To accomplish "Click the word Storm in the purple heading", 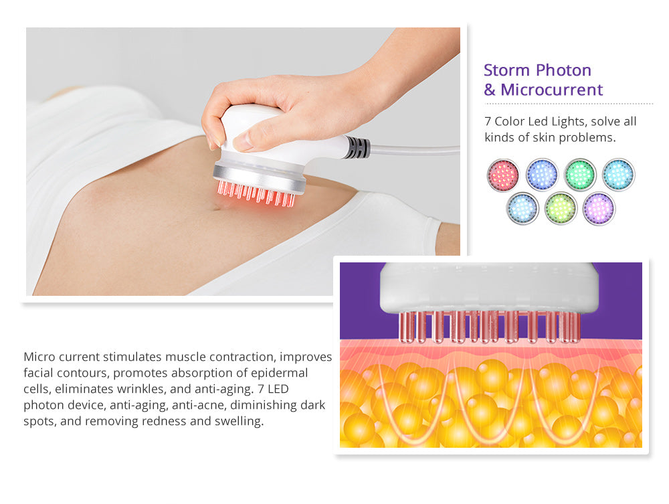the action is [x=507, y=70].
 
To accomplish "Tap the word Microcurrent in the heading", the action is [x=552, y=90].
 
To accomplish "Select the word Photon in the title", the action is [x=563, y=70].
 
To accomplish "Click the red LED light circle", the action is [x=503, y=175].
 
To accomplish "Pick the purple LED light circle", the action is [x=599, y=209].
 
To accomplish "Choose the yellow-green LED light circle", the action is [x=561, y=209].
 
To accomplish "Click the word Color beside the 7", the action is [x=509, y=121].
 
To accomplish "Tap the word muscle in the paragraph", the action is [x=190, y=357].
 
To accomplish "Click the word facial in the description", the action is [x=38, y=373].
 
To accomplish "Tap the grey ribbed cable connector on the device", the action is [x=357, y=148].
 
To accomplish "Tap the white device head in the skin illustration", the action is [x=489, y=288].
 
